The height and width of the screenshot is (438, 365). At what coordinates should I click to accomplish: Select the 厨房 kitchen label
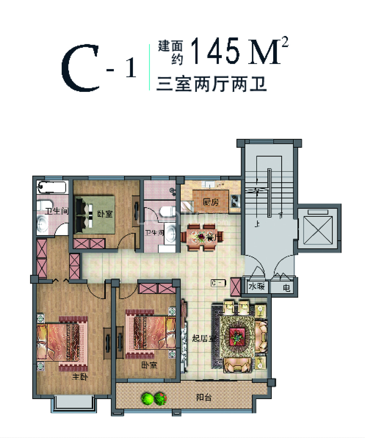[x=211, y=202]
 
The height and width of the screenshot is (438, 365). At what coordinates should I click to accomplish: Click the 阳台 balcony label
[x=204, y=397]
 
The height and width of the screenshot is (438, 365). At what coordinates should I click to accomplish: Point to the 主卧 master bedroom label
[x=80, y=377]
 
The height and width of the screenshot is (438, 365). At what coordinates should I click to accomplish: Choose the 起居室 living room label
[x=204, y=338]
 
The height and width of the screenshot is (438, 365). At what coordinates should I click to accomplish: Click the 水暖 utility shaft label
[x=256, y=286]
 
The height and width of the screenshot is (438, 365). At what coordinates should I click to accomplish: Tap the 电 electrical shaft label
[x=286, y=288]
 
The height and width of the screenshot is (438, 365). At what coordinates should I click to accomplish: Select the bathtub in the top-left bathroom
[x=52, y=187]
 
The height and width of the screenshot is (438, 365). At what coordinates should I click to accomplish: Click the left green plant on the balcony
[x=148, y=399]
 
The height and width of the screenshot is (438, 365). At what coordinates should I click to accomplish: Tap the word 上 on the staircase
[x=257, y=224]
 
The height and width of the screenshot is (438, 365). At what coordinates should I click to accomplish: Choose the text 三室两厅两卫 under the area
[x=212, y=84]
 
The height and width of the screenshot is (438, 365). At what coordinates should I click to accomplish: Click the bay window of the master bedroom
[x=73, y=403]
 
